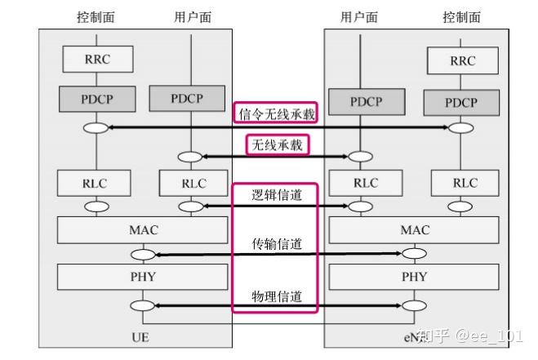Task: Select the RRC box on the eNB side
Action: (x=462, y=60)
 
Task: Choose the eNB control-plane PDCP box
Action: (x=462, y=103)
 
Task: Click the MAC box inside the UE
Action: (x=144, y=230)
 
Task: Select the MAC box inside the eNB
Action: (x=415, y=230)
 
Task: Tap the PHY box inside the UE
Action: (x=144, y=277)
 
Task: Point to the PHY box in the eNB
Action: (x=415, y=277)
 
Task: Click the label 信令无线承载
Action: (x=275, y=115)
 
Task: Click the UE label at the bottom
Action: (x=140, y=336)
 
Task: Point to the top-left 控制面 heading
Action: (x=96, y=17)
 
